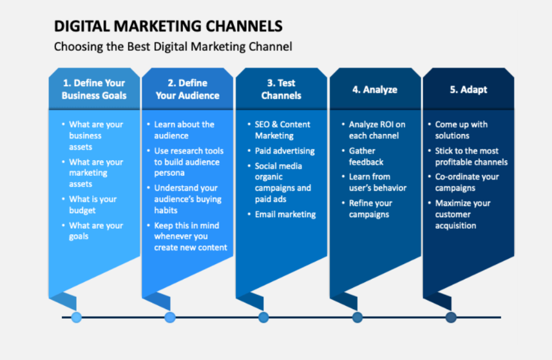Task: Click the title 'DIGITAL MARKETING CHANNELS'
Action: click(x=167, y=26)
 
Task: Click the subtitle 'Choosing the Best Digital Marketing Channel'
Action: click(x=173, y=46)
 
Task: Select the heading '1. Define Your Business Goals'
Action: click(x=94, y=90)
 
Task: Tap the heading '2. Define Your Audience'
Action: click(x=187, y=90)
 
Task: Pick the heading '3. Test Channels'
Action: click(x=281, y=90)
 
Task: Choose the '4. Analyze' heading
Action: click(x=375, y=90)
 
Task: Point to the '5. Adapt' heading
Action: click(x=468, y=90)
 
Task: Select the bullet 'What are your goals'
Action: click(x=95, y=231)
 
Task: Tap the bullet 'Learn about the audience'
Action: click(x=184, y=130)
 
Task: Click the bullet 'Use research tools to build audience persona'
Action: click(x=188, y=162)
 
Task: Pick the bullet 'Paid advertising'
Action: click(x=285, y=151)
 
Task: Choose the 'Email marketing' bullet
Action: click(x=285, y=214)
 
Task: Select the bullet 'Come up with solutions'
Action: click(x=461, y=130)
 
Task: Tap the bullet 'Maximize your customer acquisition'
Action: click(x=462, y=214)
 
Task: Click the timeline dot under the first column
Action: click(x=77, y=317)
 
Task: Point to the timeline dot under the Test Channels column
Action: click(x=263, y=317)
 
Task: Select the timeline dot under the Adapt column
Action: click(x=451, y=317)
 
